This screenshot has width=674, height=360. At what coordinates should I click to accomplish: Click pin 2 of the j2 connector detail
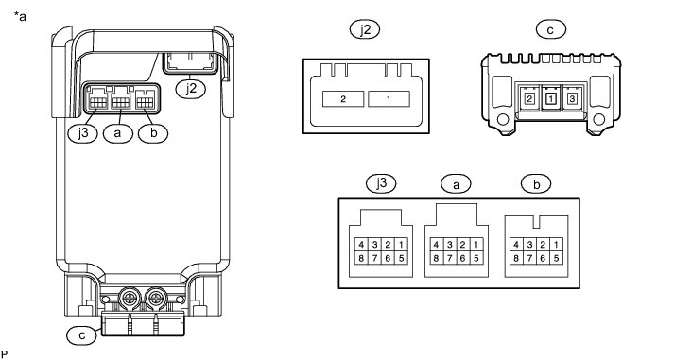[343, 99]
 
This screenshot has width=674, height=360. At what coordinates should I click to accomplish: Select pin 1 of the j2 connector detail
[389, 99]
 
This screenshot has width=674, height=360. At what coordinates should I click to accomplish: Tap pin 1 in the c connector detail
[551, 99]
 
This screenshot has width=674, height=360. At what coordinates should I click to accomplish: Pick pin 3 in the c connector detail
[572, 99]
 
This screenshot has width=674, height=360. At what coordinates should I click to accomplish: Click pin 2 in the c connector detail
[529, 99]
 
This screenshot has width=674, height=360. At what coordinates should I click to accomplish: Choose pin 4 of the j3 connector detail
[361, 245]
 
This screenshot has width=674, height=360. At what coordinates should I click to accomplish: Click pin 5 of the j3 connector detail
[401, 258]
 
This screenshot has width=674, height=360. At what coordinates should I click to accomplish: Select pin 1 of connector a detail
[475, 245]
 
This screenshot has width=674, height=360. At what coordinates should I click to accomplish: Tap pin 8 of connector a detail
[436, 258]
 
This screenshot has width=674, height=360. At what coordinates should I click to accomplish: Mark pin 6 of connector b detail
[543, 258]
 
